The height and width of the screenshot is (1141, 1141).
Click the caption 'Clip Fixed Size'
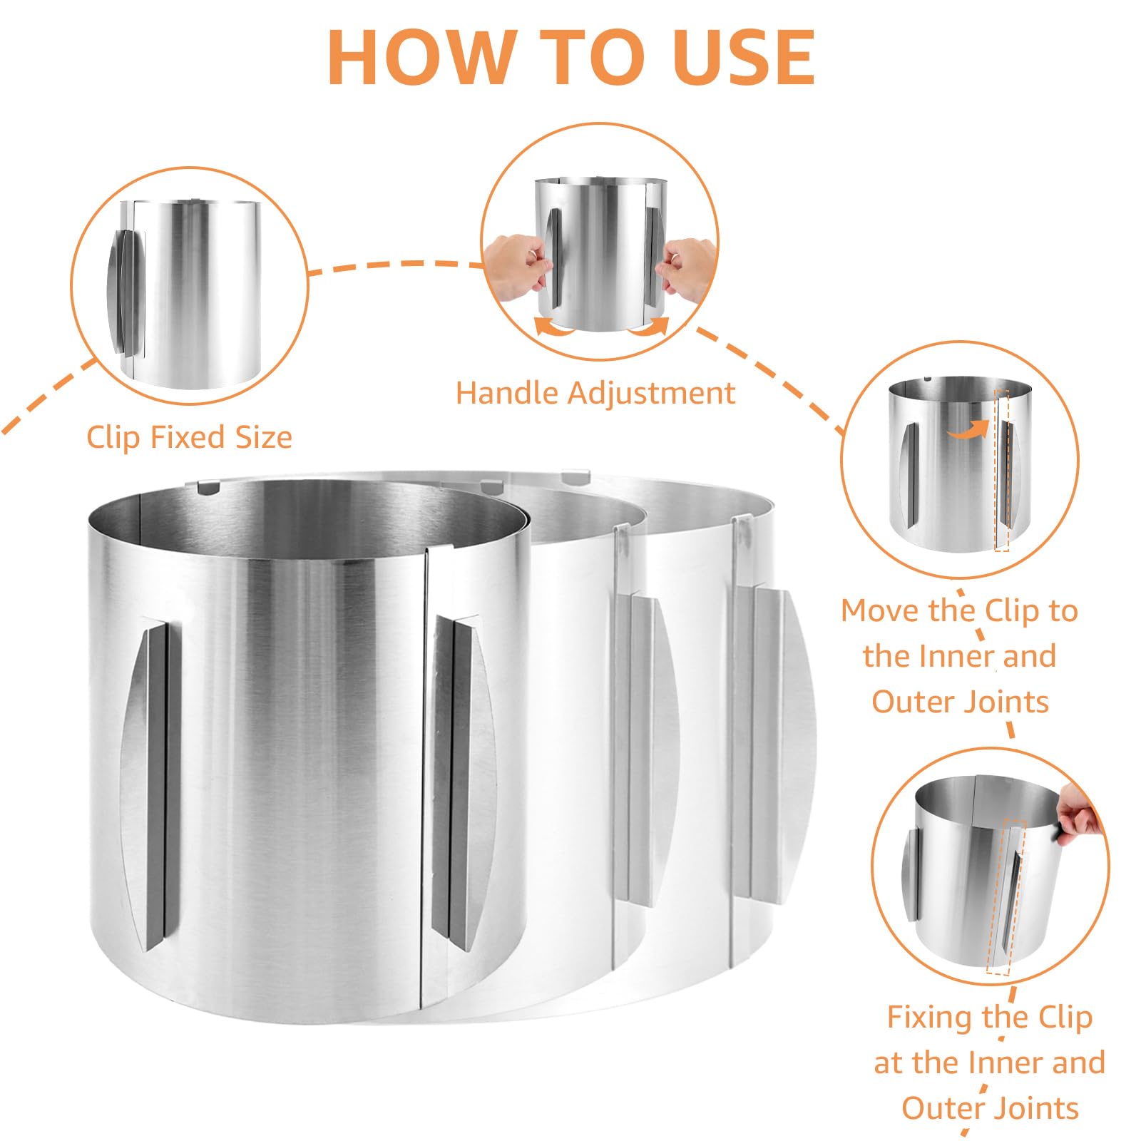point(189,437)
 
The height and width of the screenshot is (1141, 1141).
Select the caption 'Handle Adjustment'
point(595,393)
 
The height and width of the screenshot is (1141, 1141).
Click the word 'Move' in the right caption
point(881,611)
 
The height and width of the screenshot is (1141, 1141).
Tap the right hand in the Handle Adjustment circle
point(687,267)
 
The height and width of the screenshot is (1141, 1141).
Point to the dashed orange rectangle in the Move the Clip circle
point(1002,470)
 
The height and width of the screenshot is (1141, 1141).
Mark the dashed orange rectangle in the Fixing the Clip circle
point(1006,897)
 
